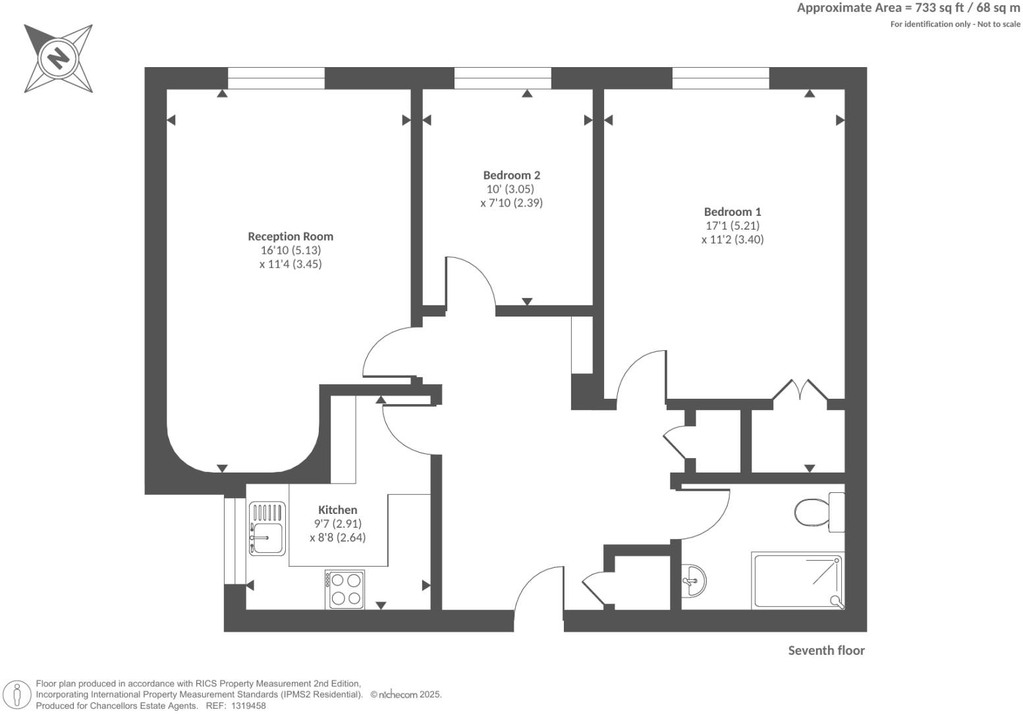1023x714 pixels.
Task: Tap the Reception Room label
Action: (290, 236)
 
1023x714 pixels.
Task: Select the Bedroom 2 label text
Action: (511, 175)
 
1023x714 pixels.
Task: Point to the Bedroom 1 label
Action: (732, 212)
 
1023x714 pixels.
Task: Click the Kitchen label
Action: (337, 510)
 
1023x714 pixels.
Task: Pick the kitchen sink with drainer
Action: (267, 528)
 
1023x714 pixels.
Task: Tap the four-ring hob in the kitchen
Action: (345, 589)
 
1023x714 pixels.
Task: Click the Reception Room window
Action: (276, 78)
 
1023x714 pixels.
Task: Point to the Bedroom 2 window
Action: (503, 78)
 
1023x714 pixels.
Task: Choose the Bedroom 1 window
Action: (721, 78)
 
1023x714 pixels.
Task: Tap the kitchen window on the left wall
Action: (230, 541)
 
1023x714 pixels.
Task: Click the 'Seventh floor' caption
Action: (826, 651)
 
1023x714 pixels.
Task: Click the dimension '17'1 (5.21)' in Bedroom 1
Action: (732, 226)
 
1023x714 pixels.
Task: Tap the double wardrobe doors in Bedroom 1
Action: (800, 390)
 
